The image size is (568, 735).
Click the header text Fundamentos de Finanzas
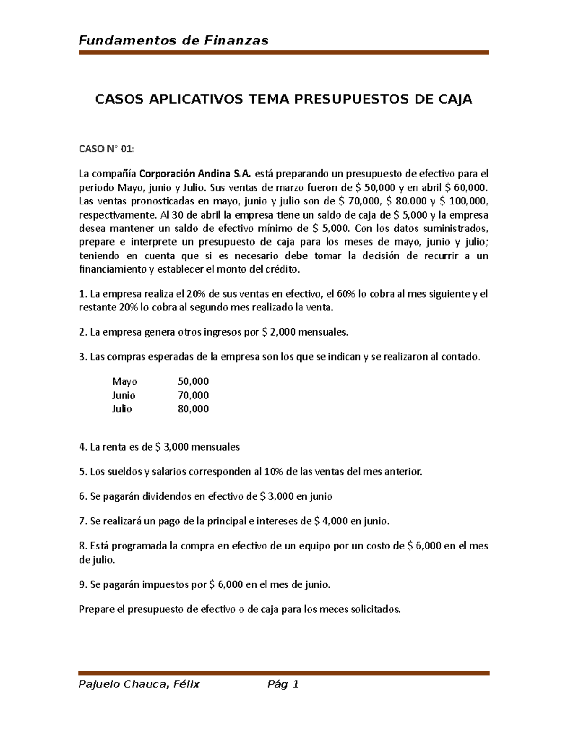(x=173, y=41)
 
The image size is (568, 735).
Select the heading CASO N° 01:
(x=106, y=149)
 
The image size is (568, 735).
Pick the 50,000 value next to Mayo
(x=193, y=381)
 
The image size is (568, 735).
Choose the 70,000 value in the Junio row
(x=193, y=395)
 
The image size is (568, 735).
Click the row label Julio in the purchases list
(x=122, y=409)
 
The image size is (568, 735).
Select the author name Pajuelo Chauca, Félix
(x=139, y=684)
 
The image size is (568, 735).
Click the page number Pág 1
(x=283, y=684)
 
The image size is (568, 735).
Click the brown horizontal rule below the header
(x=284, y=53)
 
